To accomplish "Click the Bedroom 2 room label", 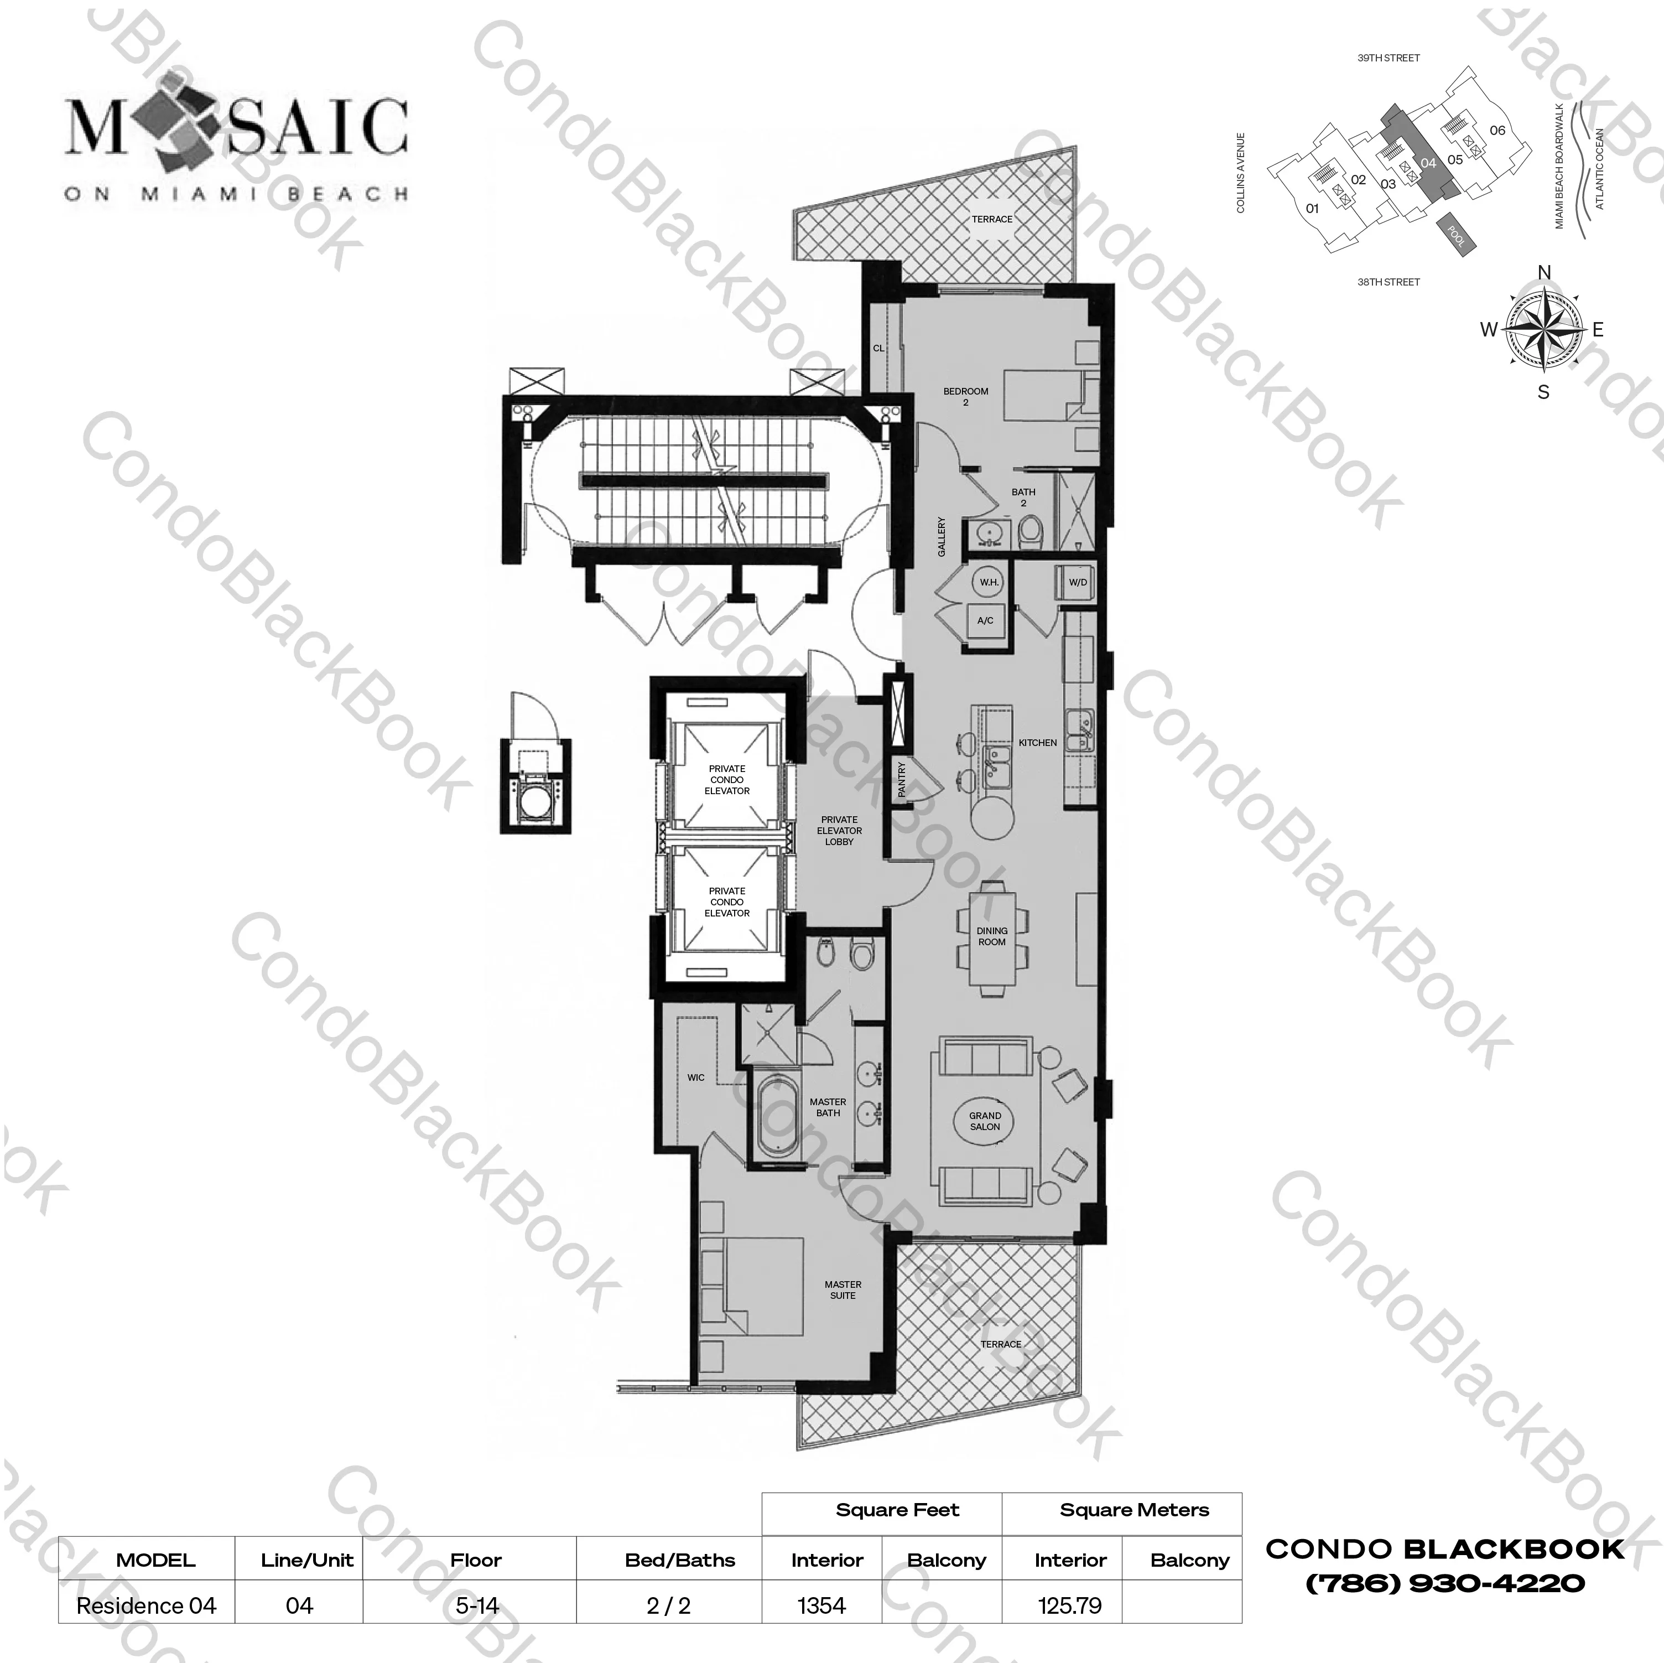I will tap(965, 396).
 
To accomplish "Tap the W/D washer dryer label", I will tap(1078, 583).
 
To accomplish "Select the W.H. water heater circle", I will tap(989, 583).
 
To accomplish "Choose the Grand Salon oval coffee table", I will tap(985, 1121).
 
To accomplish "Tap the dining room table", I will tap(992, 936).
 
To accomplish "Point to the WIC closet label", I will tap(696, 1077).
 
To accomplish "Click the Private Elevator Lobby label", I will tap(839, 831).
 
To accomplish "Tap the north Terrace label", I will tap(992, 219).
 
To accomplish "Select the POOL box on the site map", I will tap(1455, 232).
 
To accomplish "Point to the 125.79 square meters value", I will tap(1070, 1606).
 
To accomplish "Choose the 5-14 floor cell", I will tap(476, 1606).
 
